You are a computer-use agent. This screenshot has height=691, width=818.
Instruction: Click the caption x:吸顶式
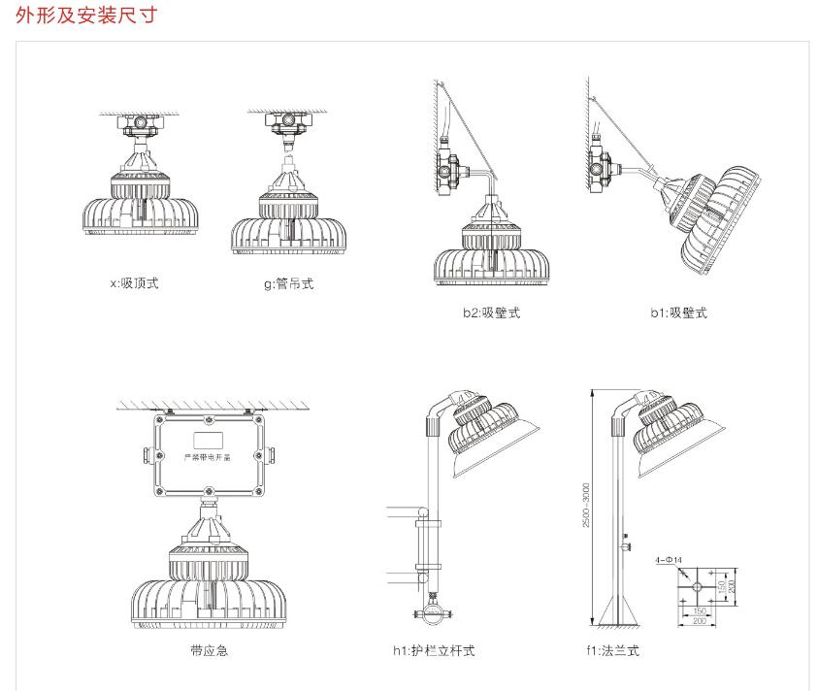tap(134, 283)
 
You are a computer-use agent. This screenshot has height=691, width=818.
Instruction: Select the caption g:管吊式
tap(288, 283)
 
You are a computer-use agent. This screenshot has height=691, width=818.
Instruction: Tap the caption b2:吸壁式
tap(491, 313)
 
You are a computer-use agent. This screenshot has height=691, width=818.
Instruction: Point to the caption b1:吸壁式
tap(678, 313)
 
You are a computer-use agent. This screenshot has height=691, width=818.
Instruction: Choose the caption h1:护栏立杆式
tap(441, 650)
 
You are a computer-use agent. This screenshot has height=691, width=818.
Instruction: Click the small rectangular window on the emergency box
tap(209, 423)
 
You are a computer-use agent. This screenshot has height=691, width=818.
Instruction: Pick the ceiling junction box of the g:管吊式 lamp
tap(287, 124)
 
